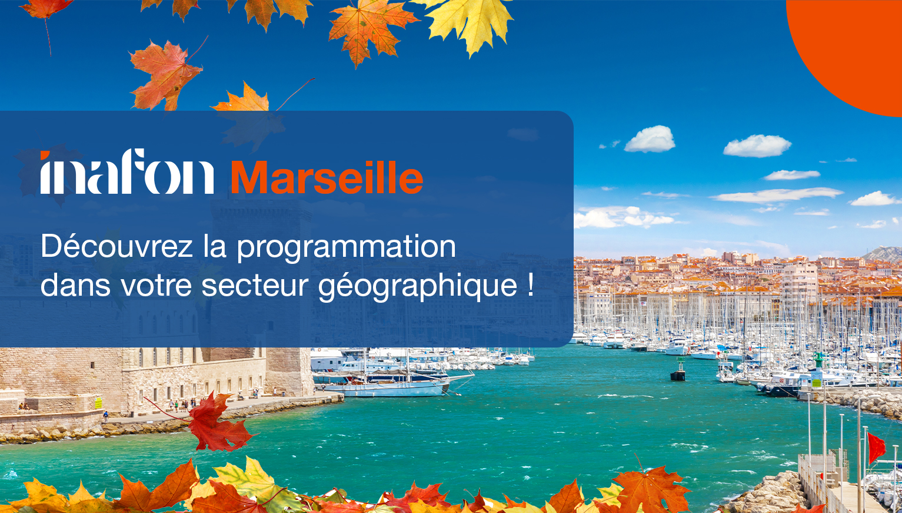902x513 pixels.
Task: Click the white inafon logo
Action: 127,173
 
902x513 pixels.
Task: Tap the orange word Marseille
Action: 327,177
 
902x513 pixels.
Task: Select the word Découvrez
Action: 117,246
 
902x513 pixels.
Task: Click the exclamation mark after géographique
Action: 531,284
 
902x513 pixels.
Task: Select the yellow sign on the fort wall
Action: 98,402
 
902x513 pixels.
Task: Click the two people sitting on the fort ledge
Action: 24,406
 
